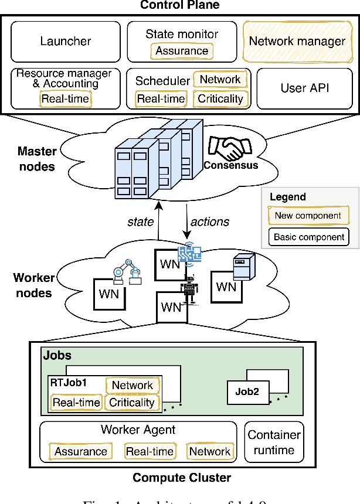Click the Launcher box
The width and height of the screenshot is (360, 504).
coord(66,41)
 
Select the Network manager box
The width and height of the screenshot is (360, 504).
coord(297,41)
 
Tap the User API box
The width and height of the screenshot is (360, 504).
coord(305,88)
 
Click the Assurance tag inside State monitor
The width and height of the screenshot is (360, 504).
coord(181,51)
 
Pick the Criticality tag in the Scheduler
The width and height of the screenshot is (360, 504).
coord(220,99)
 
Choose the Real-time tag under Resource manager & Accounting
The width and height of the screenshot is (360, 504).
coord(65,98)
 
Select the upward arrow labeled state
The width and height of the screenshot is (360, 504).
coord(158,222)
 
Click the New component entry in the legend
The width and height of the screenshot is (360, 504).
coord(308,216)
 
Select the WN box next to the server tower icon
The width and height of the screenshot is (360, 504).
coord(226,287)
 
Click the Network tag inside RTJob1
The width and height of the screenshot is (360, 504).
coord(133,385)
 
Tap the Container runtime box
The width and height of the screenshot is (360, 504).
coord(274,443)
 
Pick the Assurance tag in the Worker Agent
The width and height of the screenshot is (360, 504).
coord(81,451)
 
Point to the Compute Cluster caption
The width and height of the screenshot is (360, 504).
coord(181,478)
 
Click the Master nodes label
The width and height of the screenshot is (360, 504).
coord(37,159)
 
